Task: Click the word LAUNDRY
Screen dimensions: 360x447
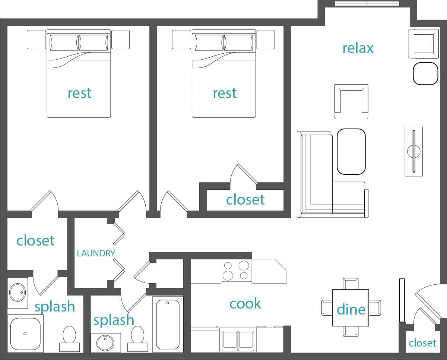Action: (96, 253)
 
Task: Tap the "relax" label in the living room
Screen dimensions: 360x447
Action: (358, 48)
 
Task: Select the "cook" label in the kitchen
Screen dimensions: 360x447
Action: (245, 304)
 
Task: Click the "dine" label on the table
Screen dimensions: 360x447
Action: (351, 309)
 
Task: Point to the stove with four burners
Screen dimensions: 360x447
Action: (236, 271)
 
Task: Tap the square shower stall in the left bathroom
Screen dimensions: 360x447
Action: (25, 333)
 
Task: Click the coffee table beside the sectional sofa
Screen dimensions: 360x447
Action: (351, 151)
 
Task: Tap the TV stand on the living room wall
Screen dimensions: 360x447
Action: (413, 151)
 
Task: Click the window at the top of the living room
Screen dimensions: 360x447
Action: (367, 4)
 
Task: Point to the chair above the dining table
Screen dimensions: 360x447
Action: (351, 284)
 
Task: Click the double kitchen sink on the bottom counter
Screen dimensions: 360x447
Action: (238, 340)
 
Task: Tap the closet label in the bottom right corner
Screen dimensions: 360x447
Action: (422, 342)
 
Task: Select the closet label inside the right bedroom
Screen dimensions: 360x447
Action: (245, 200)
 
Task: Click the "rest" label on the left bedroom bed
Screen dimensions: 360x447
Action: (79, 93)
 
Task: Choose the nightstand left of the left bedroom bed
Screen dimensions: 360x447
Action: (36, 40)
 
